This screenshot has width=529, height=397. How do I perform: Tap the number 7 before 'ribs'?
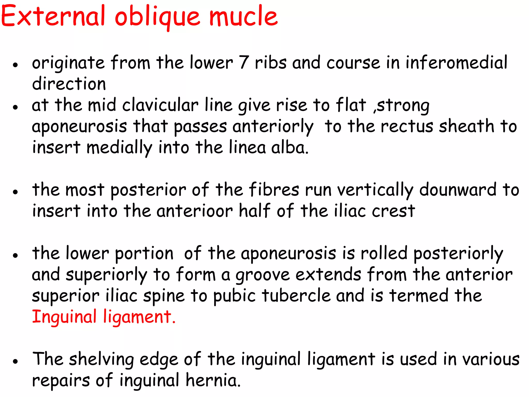pos(244,63)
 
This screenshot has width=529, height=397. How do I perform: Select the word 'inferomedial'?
pos(456,63)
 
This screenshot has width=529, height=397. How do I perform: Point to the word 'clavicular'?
pos(160,105)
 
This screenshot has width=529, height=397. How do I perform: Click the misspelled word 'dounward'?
pos(458,190)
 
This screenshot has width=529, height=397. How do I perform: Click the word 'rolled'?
pos(384,253)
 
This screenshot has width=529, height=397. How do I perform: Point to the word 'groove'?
pos(262,275)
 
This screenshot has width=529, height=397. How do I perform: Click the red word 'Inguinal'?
pos(64,317)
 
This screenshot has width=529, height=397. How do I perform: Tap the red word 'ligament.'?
pos(139,317)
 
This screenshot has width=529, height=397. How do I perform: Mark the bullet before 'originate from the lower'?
pos(16,65)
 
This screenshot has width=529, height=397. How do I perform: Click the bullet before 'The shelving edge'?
pos(16,361)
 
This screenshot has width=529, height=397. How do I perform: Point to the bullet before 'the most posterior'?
pos(16,192)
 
